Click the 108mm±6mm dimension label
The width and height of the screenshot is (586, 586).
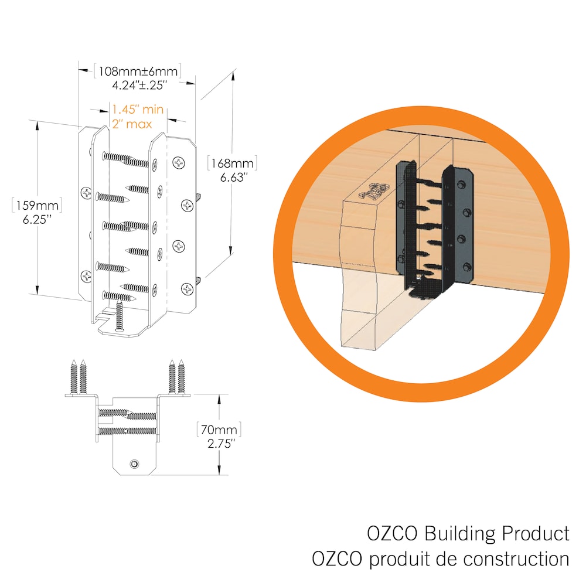pos(137,71)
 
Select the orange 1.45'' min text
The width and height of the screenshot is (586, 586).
pos(138,110)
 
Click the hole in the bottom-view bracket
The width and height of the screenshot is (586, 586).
pos(135,464)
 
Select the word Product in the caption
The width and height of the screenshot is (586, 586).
pos(536,534)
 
